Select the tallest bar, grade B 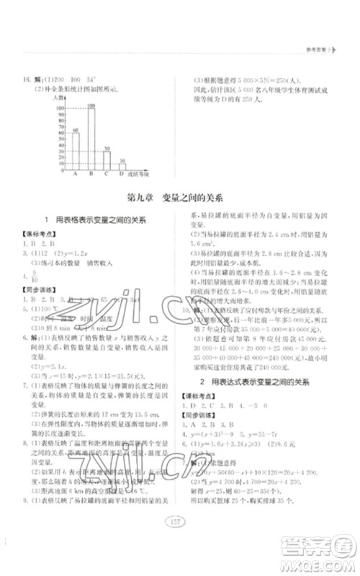91,138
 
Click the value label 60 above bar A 75,130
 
